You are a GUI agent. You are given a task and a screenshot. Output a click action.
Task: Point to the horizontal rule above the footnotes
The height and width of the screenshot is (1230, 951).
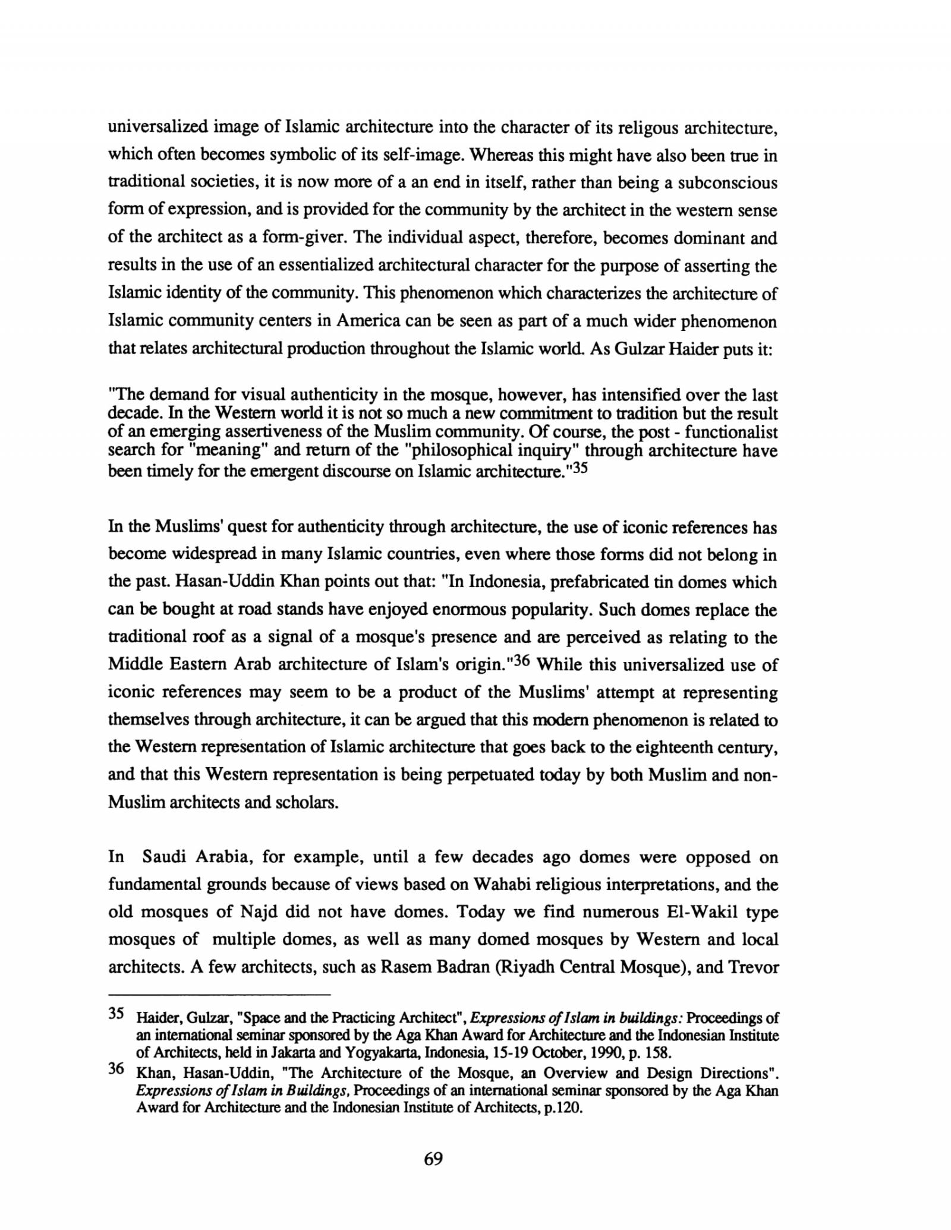(x=218, y=994)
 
